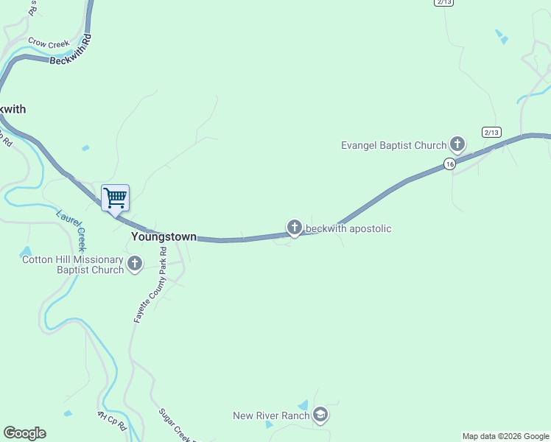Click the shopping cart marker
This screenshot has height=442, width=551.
point(115,197)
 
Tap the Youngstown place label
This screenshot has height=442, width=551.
point(164,236)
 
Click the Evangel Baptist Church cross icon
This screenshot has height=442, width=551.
point(457,144)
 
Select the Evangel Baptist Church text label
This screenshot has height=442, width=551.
point(394,145)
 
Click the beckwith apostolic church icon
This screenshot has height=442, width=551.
point(295,228)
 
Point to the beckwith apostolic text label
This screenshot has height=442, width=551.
point(348,228)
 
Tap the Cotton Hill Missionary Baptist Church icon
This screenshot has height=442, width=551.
point(135,264)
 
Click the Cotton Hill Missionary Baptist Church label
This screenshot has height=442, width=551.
point(73,264)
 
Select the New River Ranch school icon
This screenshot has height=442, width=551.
point(320,415)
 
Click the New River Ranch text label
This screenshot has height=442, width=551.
point(271,416)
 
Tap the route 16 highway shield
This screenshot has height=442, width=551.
point(449,164)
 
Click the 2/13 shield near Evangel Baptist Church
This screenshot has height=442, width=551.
point(491,132)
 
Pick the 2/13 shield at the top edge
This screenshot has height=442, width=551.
point(443,2)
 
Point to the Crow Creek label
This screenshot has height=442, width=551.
point(48,43)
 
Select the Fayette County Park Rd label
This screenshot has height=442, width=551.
point(150,285)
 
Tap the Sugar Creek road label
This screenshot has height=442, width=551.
point(177,426)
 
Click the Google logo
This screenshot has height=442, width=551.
point(24,433)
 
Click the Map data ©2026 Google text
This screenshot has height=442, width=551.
point(506,436)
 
